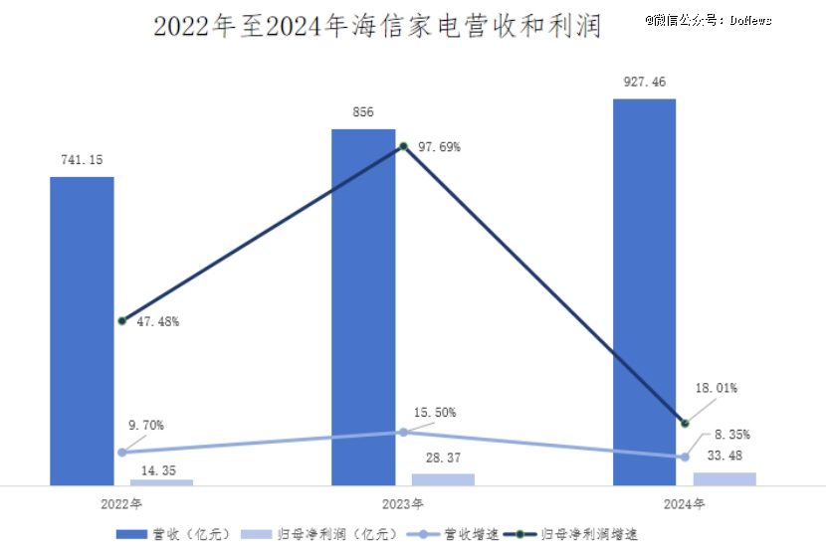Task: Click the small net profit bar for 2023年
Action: click(443, 479)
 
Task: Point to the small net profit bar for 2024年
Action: click(724, 478)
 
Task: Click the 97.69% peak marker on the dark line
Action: click(403, 147)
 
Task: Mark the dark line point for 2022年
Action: click(121, 321)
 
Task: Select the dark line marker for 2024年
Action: click(684, 423)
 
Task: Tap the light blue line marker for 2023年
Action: click(403, 432)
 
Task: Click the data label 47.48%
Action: click(159, 321)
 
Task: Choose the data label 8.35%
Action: click(731, 435)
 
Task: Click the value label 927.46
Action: click(644, 83)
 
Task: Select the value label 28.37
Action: click(443, 459)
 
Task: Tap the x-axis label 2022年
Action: click(121, 504)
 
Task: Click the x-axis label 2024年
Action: click(684, 504)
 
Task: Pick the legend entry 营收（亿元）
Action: click(174, 534)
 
